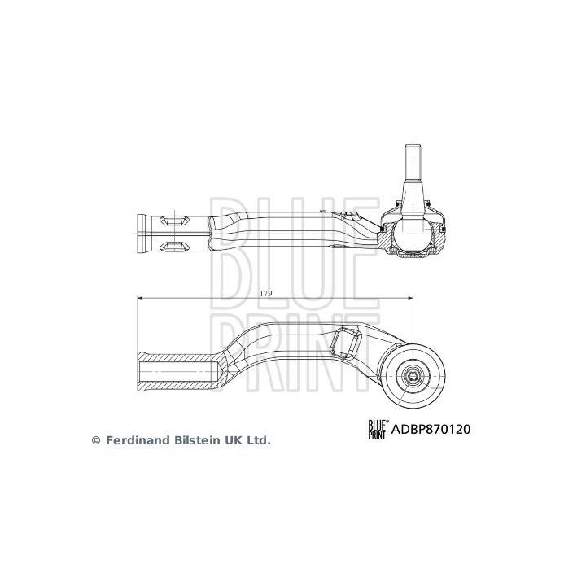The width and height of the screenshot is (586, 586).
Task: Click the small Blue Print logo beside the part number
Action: click(378, 429)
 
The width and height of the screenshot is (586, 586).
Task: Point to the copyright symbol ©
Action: click(95, 439)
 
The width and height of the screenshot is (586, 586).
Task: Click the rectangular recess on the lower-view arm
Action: click(347, 341)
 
